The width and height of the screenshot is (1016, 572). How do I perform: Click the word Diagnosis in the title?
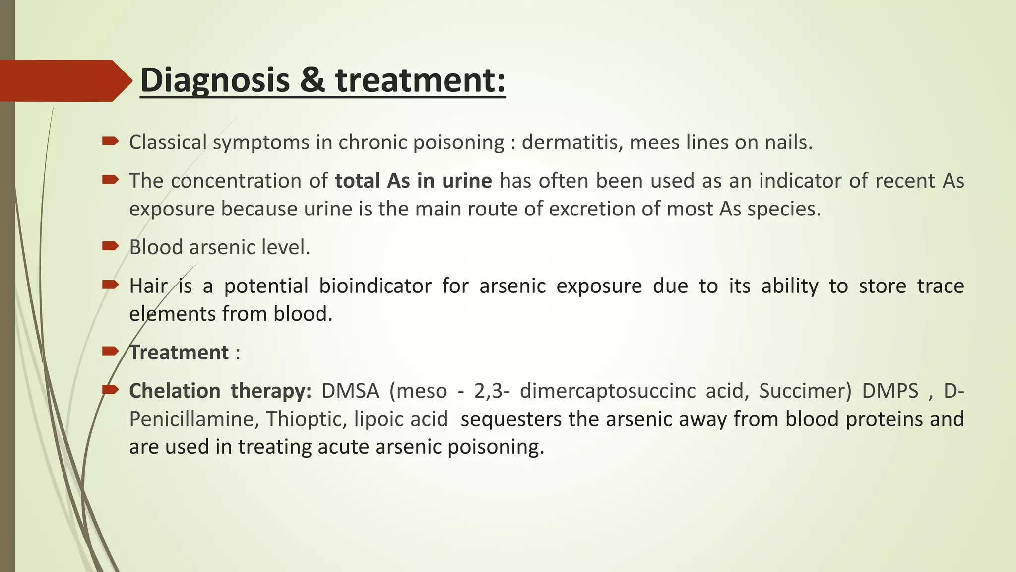pyautogui.click(x=214, y=80)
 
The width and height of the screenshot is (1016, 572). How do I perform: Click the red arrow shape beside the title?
pyautogui.click(x=64, y=80)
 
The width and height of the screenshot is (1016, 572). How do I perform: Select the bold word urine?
pyautogui.click(x=467, y=181)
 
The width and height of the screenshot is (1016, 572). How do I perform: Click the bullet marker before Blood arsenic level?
pyautogui.click(x=110, y=246)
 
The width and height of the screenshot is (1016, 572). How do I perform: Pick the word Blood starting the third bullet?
pyautogui.click(x=156, y=247)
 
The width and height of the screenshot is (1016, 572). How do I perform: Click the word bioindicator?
pyautogui.click(x=375, y=286)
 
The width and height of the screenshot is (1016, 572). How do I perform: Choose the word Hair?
pyautogui.click(x=148, y=286)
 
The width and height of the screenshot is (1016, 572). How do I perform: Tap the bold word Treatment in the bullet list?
pyautogui.click(x=179, y=353)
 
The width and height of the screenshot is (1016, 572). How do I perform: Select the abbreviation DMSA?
pyautogui.click(x=350, y=391)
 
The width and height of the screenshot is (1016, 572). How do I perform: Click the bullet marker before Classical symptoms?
pyautogui.click(x=110, y=142)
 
